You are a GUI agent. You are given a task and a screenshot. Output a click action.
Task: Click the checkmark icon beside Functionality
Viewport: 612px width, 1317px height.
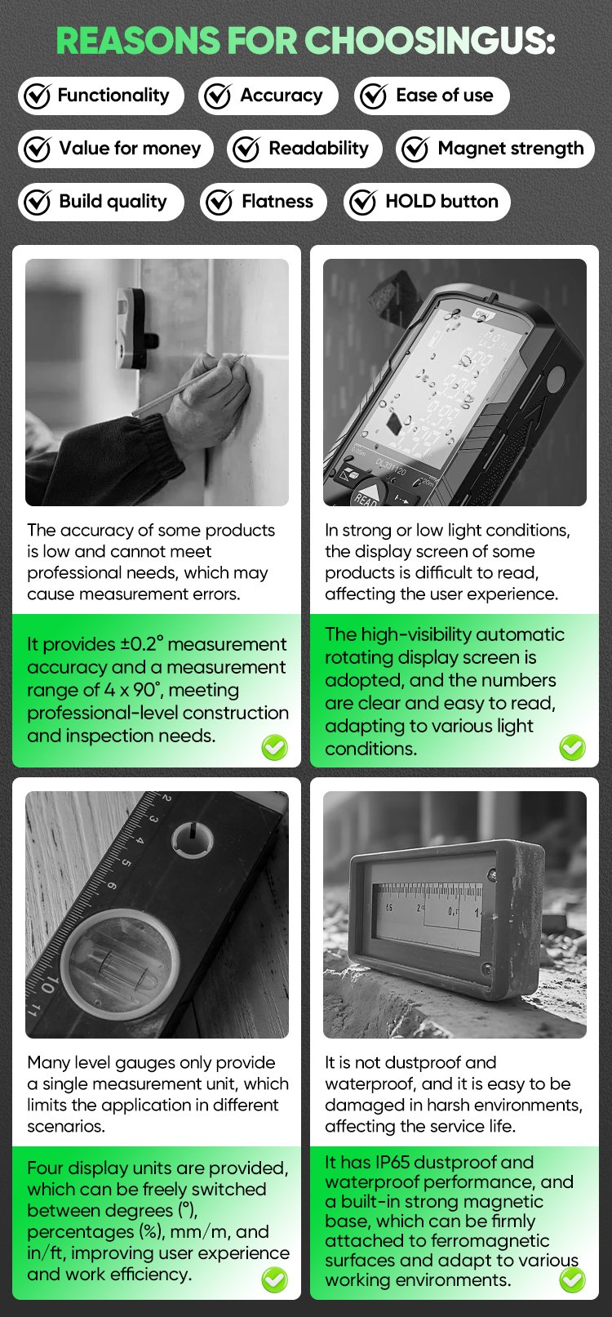click(x=37, y=96)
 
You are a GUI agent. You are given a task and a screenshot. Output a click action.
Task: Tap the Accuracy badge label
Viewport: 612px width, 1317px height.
click(x=282, y=96)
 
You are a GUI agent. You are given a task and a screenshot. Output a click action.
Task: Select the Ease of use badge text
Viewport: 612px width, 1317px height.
click(x=445, y=96)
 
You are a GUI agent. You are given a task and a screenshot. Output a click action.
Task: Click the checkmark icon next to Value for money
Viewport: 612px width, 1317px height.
click(x=37, y=149)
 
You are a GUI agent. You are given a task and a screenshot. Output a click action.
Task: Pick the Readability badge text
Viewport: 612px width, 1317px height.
click(x=318, y=148)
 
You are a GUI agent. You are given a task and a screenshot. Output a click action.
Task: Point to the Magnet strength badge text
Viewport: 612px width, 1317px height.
click(x=511, y=148)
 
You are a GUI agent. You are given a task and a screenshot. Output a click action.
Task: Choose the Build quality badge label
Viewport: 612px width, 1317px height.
click(x=113, y=202)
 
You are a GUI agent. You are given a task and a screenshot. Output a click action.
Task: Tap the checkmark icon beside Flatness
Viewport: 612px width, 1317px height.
click(x=219, y=202)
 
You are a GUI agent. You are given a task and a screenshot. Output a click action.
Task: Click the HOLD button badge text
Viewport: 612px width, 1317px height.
click(x=441, y=201)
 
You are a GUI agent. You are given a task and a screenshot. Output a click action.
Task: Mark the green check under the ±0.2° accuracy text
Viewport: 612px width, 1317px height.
click(x=274, y=747)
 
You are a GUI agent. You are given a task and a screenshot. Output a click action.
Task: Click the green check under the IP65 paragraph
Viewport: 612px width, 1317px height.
click(x=573, y=1280)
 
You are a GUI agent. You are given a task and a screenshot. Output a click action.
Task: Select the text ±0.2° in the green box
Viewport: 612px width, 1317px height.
click(x=141, y=644)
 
